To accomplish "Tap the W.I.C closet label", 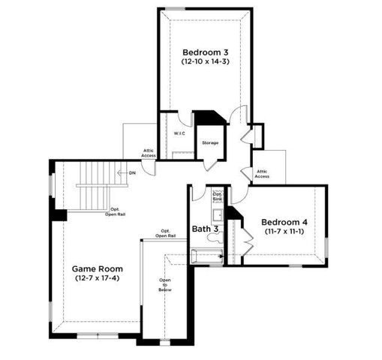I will tap(179, 133).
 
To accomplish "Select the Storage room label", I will tap(209, 142).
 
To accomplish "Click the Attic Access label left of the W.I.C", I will tap(149, 153).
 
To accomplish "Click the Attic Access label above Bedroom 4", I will tap(262, 174).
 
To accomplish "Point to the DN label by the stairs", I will tap(132, 173).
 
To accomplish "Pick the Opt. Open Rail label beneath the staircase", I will tap(116, 211).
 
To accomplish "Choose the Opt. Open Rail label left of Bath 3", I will tap(165, 232).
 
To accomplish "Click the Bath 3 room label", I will tap(205, 228).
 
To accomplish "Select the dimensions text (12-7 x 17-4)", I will tap(97, 279).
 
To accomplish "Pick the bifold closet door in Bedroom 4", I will tap(233, 225).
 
